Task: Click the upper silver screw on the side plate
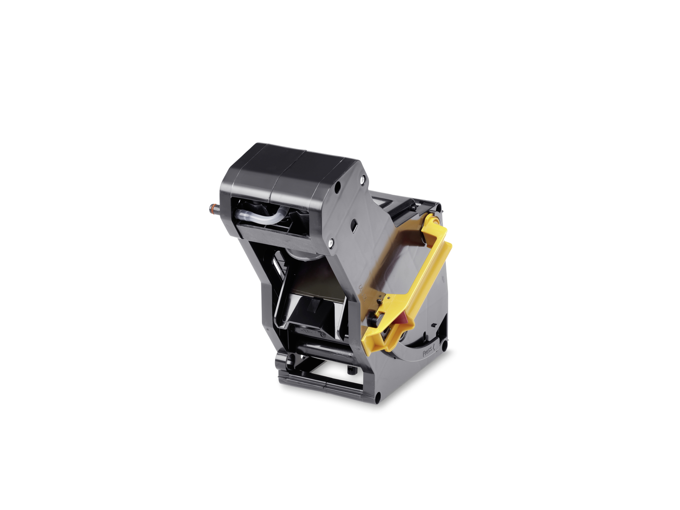tap(362, 178)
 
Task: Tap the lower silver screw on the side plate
tap(331, 243)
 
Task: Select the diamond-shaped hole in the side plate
tap(354, 226)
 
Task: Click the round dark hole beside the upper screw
tap(338, 186)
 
